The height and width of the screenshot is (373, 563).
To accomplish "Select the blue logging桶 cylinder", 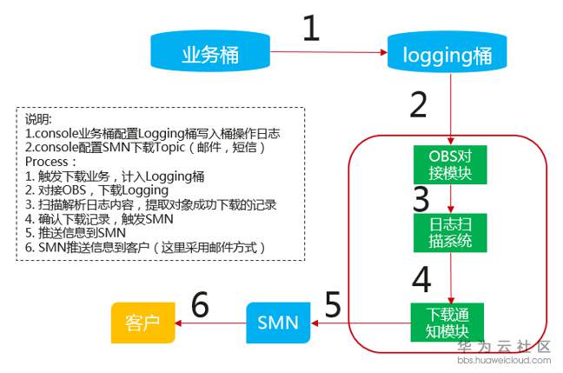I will pos(447,55).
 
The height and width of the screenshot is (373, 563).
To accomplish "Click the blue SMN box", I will pos(278,323).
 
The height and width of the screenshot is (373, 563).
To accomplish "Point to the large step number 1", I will pos(311,29).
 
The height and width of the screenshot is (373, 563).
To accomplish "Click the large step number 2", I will pos(418,104).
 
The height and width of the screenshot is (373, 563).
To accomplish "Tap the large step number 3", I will pos(421,199).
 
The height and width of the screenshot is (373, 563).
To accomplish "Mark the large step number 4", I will pos(421,279).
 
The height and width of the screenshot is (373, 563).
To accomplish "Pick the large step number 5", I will pos(332,306).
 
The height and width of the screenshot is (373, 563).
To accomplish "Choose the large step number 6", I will pos(200,306).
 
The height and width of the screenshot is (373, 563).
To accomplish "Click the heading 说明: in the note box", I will pos(38,119).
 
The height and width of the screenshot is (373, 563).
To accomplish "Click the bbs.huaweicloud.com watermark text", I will pos(504,359).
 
